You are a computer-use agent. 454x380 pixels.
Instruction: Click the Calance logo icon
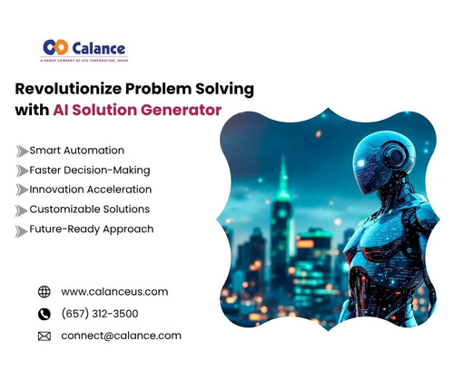pyautogui.click(x=55, y=46)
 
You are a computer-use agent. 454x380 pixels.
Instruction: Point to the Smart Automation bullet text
pyautogui.click(x=76, y=150)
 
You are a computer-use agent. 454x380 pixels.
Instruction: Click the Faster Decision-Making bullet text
pyautogui.click(x=89, y=170)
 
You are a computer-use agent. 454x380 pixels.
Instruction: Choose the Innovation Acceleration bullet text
pyautogui.click(x=90, y=190)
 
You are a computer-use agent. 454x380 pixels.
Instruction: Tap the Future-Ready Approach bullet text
pyautogui.click(x=91, y=229)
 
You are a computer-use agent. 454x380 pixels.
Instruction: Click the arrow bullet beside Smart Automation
pyautogui.click(x=22, y=151)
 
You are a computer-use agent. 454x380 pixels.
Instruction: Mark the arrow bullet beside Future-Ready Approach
pyautogui.click(x=22, y=230)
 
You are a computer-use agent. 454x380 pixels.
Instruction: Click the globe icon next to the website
pyautogui.click(x=44, y=292)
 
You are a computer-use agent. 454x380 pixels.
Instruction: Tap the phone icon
pyautogui.click(x=44, y=314)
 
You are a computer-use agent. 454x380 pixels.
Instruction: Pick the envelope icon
pyautogui.click(x=44, y=336)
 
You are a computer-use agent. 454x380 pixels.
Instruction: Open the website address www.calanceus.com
pyautogui.click(x=114, y=292)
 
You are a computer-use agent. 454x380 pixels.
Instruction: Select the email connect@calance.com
pyautogui.click(x=121, y=336)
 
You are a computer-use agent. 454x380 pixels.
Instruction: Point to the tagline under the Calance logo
pyautogui.click(x=83, y=61)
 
